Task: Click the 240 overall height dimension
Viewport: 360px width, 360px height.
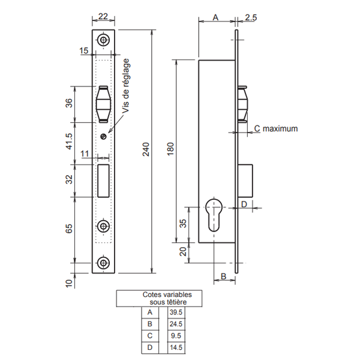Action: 145,153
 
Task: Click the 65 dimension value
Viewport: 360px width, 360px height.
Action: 68,229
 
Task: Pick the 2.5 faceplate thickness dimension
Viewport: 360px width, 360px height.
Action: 251,18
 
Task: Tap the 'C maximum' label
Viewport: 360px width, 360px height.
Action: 275,128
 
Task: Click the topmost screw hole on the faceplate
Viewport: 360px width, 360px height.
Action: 104,40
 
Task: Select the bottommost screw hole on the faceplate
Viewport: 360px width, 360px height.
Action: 104,263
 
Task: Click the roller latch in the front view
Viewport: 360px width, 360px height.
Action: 103,104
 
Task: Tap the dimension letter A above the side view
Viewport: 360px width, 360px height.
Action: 215,18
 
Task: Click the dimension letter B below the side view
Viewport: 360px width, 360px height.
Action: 223,276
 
